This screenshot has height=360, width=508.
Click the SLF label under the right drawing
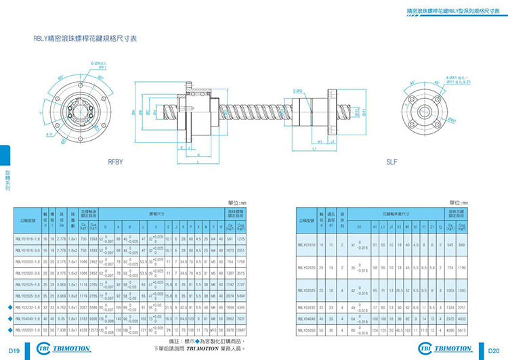click(391, 162)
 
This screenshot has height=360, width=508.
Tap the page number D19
click(12, 351)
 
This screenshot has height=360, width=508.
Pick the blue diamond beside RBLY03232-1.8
click(8, 307)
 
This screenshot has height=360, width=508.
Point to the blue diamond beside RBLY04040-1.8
click(8, 318)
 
